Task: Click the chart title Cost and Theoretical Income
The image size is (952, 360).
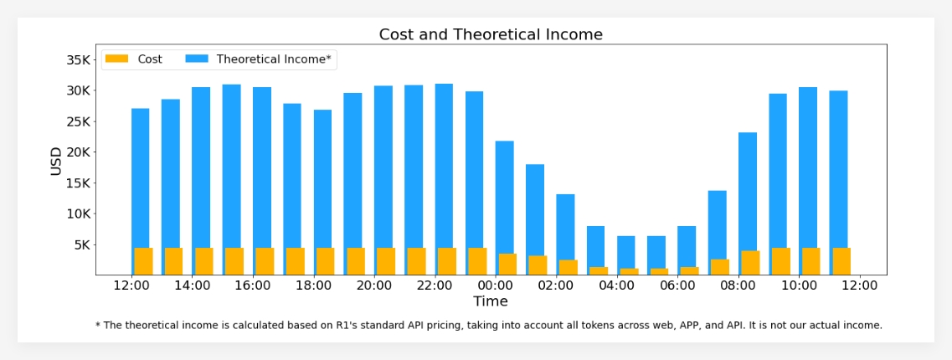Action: [x=491, y=34]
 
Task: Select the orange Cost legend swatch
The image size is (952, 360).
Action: [x=117, y=59]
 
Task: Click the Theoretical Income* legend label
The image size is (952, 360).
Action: [x=274, y=59]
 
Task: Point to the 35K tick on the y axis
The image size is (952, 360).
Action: [x=79, y=59]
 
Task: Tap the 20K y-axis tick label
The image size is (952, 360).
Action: [x=79, y=152]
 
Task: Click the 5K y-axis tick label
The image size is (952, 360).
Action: [x=82, y=245]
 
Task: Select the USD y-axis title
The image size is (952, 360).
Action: [x=56, y=161]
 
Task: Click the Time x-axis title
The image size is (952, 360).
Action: [x=491, y=301]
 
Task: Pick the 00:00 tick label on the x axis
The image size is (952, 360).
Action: [x=496, y=285]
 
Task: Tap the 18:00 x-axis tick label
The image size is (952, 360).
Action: [x=313, y=285]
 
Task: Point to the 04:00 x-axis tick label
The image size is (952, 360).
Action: [x=617, y=285]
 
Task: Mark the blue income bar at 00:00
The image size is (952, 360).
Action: [x=504, y=193]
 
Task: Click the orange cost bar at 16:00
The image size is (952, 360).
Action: [x=265, y=261]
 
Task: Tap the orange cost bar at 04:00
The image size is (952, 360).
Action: [x=629, y=271]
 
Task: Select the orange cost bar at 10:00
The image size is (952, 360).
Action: [x=811, y=261]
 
